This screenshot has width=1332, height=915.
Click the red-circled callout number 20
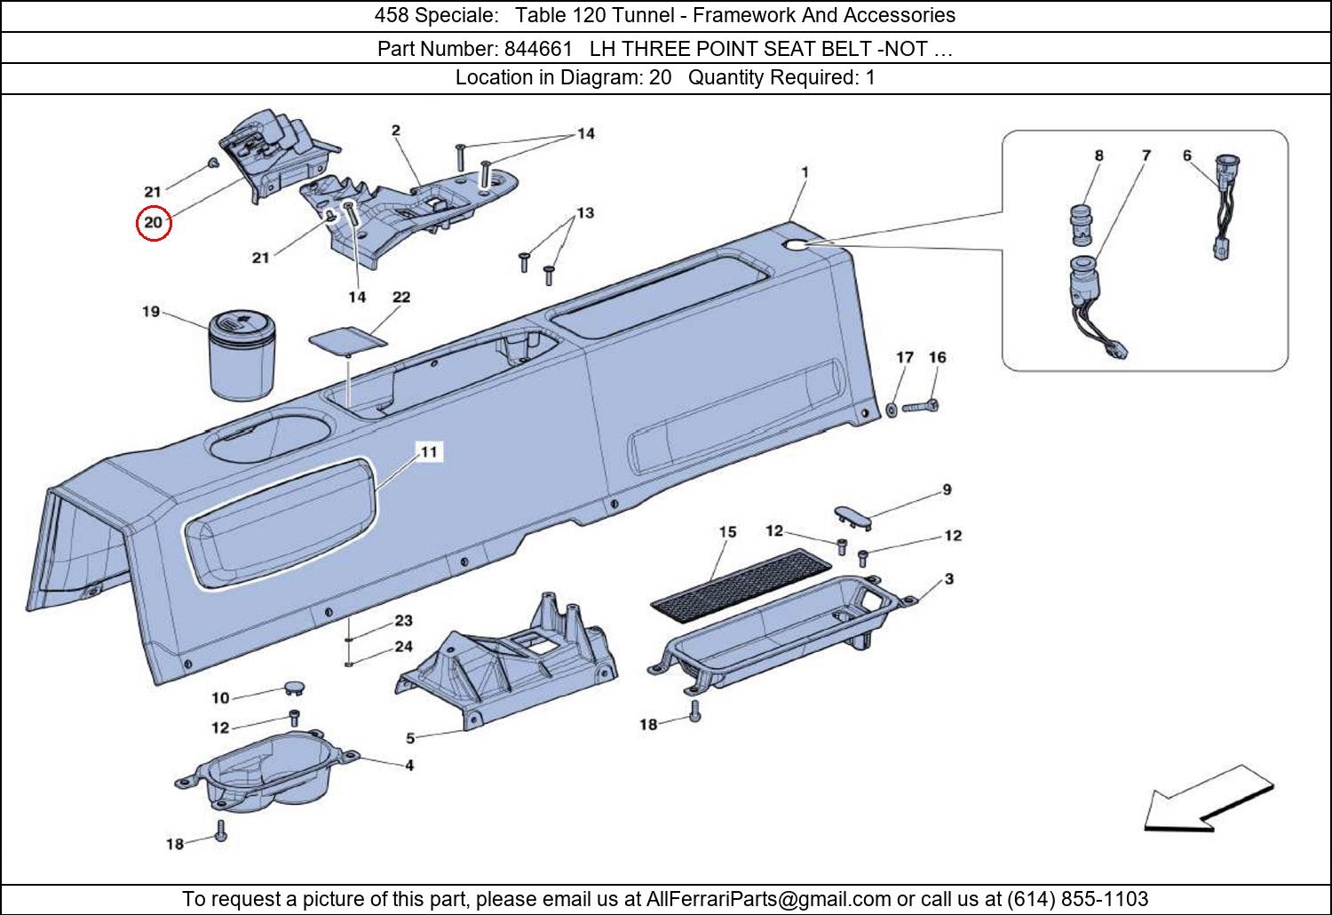coord(154,222)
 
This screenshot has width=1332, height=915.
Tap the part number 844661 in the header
coord(538,49)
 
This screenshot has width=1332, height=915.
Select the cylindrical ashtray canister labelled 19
coord(242,354)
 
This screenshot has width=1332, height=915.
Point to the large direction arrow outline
coord(1209,799)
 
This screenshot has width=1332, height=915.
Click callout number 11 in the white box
coord(429,452)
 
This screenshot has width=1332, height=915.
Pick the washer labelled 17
coord(892,410)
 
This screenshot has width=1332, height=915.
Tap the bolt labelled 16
coord(921,407)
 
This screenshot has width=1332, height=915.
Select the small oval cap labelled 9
coord(853,517)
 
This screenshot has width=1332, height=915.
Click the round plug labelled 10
coord(294,689)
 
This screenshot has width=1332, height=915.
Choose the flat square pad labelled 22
coord(348,340)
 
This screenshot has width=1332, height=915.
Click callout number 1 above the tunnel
coord(805,172)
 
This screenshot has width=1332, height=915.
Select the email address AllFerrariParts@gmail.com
coord(768,898)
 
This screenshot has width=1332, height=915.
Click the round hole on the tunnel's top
coord(796,244)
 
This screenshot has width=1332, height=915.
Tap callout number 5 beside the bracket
coord(410,738)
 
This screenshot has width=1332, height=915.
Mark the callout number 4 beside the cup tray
coord(409,765)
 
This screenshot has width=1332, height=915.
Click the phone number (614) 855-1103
coord(1077,898)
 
